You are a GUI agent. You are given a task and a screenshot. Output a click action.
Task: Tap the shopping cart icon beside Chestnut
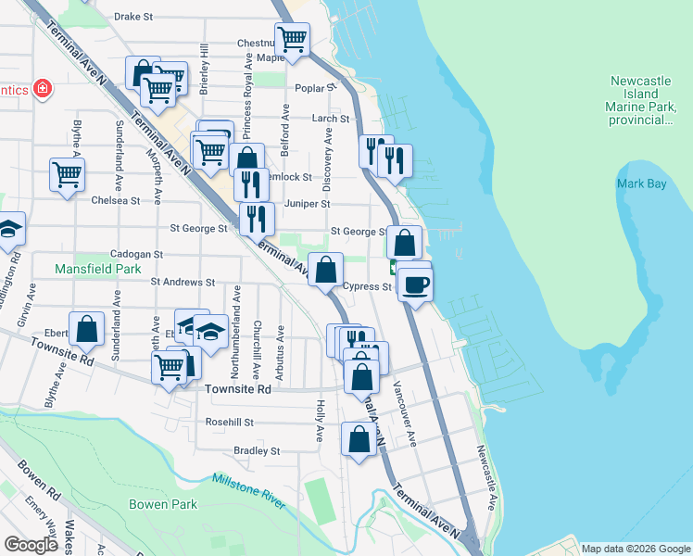[292, 40]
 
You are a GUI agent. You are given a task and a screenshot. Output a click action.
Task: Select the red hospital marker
[41, 90]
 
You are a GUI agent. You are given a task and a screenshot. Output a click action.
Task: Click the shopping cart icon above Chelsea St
[67, 173]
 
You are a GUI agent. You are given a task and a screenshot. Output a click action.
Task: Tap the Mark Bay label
[641, 184]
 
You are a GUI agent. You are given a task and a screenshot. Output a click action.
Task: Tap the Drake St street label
[133, 17]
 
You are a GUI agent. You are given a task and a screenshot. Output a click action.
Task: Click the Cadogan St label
[136, 253]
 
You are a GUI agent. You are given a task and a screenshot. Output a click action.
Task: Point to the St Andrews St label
[183, 282]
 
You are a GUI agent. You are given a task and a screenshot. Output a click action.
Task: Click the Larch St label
[331, 119]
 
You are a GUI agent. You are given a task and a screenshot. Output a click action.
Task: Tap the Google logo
[31, 544]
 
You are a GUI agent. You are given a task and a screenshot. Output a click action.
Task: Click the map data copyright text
[636, 549]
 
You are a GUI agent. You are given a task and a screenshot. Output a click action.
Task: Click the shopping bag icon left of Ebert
[87, 328]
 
